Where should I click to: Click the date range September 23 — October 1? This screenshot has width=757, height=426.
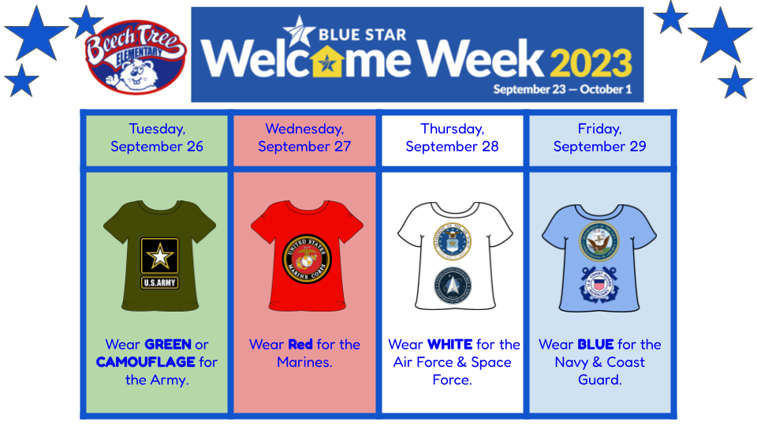[562, 89]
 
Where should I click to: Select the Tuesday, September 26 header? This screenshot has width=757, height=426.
[157, 137]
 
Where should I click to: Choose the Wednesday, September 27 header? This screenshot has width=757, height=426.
[304, 137]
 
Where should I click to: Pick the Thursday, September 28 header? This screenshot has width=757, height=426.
[452, 137]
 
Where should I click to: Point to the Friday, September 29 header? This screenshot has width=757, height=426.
[599, 137]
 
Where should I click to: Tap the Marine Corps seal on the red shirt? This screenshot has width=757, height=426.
[307, 258]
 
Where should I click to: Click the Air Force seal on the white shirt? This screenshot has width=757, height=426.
[453, 242]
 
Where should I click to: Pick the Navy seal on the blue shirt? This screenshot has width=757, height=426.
[599, 240]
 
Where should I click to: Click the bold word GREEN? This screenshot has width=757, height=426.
[168, 345]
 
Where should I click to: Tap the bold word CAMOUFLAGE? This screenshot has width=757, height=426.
[146, 363]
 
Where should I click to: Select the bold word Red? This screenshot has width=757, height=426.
[300, 345]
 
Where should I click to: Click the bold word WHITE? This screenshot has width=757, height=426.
[450, 345]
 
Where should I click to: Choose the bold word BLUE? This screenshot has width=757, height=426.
[595, 345]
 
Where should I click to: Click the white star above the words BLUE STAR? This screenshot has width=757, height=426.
[300, 30]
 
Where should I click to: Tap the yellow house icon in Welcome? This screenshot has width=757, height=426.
[323, 60]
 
